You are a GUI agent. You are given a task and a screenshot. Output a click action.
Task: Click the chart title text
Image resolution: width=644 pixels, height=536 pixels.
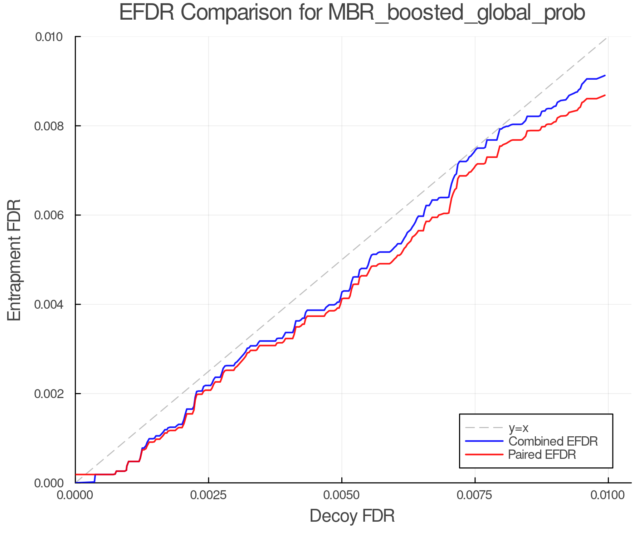pos(352,13)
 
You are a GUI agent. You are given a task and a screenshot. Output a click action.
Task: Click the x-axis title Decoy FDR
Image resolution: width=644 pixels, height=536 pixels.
pos(352,516)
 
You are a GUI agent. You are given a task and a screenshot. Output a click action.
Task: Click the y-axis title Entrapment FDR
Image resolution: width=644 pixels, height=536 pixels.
pos(15,260)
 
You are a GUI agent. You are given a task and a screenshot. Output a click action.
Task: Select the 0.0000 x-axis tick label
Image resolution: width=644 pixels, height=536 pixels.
pos(75,495)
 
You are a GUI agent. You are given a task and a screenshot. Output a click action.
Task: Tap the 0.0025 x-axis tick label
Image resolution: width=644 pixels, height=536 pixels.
pos(209,495)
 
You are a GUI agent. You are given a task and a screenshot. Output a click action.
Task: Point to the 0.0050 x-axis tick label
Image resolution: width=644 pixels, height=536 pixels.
pos(342,495)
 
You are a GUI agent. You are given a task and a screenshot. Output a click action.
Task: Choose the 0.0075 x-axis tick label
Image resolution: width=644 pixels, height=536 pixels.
pos(475,495)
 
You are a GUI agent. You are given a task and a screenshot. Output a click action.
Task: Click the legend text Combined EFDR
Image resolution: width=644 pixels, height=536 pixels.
pos(553,441)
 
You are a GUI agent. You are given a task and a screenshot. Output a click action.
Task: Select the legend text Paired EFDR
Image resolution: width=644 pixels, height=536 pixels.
pos(542,455)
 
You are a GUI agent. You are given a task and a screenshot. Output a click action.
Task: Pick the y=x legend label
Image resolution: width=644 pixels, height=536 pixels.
pos(518,428)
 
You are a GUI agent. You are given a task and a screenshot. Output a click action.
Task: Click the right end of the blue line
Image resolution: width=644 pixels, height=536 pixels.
pos(605,75)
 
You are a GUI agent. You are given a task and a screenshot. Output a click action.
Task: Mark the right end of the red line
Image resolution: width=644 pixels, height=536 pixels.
pos(605,95)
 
